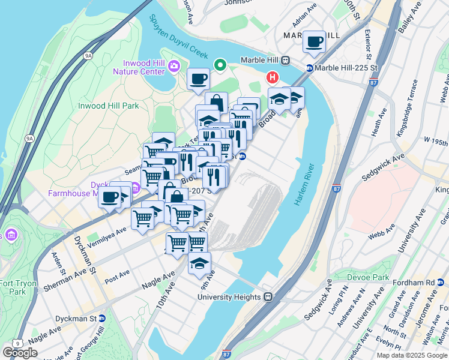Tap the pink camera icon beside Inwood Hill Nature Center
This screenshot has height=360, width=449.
click(x=174, y=66)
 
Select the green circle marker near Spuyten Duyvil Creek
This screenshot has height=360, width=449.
click(x=220, y=65)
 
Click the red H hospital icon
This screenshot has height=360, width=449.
click(x=273, y=77)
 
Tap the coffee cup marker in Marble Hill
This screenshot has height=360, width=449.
click(x=314, y=41)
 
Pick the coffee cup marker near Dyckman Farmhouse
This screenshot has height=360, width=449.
click(x=110, y=196)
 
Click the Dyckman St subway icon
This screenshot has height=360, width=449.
click(x=101, y=318)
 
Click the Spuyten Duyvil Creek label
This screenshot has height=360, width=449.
click(x=179, y=36)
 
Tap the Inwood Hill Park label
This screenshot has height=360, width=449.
click(x=109, y=106)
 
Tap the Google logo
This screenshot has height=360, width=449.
click(x=20, y=352)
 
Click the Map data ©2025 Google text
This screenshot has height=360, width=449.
click(x=412, y=355)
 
